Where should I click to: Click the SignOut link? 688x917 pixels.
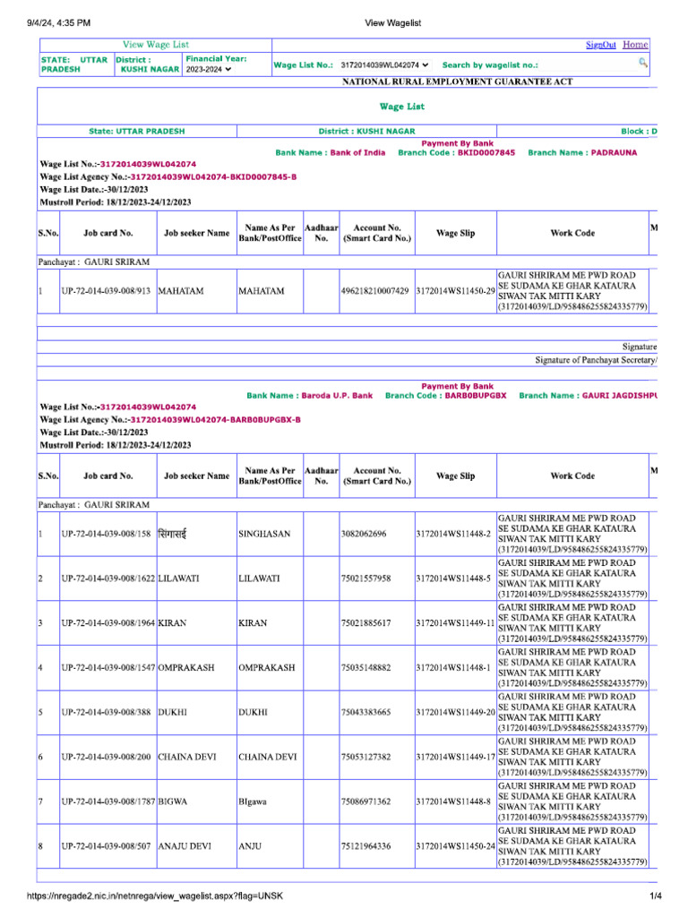(601, 45)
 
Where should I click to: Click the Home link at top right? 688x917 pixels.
(635, 45)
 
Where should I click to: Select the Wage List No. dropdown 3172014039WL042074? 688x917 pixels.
(385, 64)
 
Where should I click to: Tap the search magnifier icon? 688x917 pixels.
(642, 62)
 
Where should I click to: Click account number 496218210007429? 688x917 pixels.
(376, 292)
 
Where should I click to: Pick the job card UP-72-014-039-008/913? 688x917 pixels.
(106, 292)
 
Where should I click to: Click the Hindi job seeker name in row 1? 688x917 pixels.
(177, 534)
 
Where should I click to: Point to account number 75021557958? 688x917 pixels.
(366, 579)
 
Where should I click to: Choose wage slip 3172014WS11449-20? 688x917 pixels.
(456, 713)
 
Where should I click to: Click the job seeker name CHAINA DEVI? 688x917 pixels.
(187, 758)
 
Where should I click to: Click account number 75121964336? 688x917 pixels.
(366, 846)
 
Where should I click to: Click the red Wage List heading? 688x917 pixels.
(402, 107)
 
